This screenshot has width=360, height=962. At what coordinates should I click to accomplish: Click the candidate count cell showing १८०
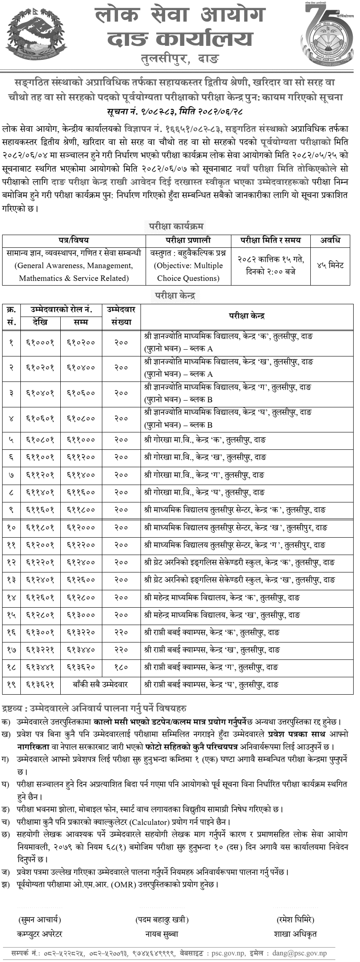coord(121,667)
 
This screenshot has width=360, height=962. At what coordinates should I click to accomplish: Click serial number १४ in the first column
coord(11,597)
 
